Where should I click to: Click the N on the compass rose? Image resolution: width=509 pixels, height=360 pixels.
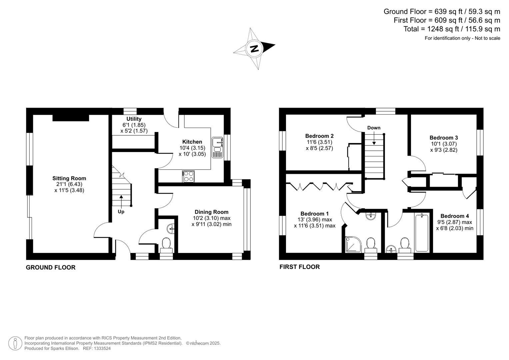click(x=254, y=49)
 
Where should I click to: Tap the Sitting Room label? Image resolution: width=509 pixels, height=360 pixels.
click(x=69, y=178)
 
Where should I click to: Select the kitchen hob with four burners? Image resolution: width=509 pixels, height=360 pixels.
click(x=188, y=176)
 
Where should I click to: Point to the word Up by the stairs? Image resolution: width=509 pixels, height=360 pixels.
click(x=121, y=212)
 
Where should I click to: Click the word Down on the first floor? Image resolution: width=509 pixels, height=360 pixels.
click(x=374, y=128)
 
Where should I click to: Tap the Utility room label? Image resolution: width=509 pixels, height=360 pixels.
click(x=134, y=119)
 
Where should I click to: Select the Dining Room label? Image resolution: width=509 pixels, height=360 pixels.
click(x=212, y=212)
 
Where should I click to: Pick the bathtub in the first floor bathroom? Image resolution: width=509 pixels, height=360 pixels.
click(x=422, y=233)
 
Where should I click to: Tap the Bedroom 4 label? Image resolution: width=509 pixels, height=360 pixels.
click(x=455, y=216)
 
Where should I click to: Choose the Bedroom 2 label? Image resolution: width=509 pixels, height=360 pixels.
click(x=319, y=136)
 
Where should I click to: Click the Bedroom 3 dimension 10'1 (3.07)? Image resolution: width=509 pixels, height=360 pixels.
click(x=443, y=144)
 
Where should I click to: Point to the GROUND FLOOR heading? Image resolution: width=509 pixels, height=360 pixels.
click(x=51, y=267)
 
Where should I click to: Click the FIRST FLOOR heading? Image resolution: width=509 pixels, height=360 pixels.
click(x=299, y=267)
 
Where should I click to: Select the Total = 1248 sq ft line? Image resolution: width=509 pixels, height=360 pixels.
click(x=452, y=29)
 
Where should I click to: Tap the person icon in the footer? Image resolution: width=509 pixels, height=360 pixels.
click(x=15, y=343)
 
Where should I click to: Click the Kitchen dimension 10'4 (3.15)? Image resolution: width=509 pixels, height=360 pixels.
click(x=192, y=148)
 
